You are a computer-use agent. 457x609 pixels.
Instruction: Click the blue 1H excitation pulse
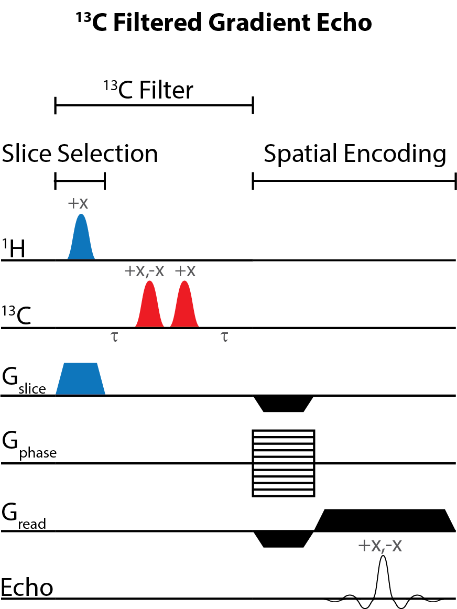point(81,241)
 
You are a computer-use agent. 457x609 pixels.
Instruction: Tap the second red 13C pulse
point(184,309)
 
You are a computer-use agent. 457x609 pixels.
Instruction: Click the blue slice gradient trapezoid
point(80,378)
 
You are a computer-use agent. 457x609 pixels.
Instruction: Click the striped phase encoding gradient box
point(284,463)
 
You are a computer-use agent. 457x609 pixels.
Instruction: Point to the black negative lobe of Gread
point(283,539)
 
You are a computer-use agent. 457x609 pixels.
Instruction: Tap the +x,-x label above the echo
point(380,546)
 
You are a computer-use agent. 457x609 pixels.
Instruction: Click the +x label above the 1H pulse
point(78,203)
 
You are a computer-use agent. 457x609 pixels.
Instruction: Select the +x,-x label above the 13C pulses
point(144,271)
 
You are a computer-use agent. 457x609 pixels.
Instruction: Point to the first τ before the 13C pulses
point(115,336)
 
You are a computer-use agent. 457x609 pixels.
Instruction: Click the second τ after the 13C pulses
point(224,336)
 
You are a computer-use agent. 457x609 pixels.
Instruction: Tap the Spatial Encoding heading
point(355,154)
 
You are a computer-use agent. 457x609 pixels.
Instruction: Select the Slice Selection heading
point(80,154)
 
